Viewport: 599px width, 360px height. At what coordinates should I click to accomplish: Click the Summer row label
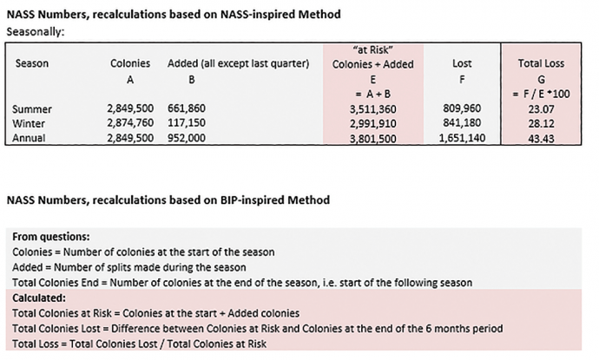(x=32, y=109)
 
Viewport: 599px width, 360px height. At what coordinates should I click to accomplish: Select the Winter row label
(x=30, y=122)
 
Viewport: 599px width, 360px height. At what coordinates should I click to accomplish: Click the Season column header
(x=32, y=63)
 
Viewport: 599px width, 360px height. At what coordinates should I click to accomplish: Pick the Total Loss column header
(x=541, y=63)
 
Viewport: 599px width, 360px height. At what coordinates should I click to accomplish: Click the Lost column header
(x=462, y=63)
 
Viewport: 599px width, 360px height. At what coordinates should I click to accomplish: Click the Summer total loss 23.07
(x=541, y=109)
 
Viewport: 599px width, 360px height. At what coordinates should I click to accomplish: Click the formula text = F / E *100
(x=541, y=91)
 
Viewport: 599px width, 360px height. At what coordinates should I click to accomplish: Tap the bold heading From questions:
(x=51, y=236)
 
